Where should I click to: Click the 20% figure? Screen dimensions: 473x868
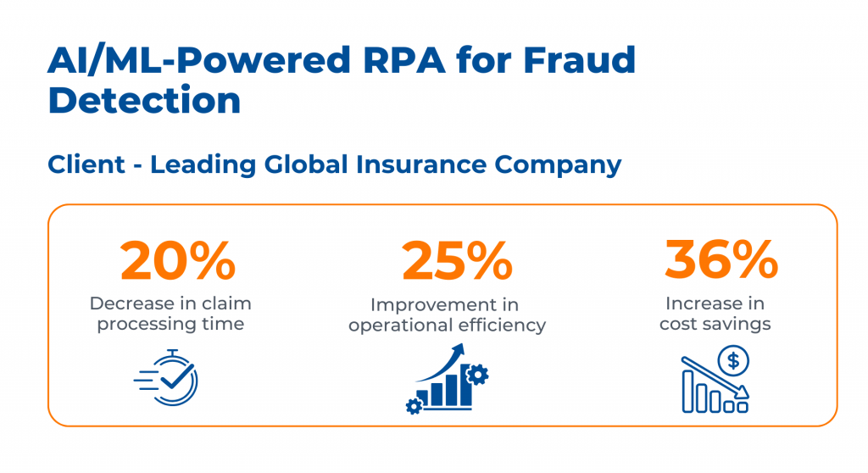[x=177, y=260]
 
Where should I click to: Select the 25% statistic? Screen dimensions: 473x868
[x=457, y=260]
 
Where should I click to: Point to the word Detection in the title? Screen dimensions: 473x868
[x=145, y=100]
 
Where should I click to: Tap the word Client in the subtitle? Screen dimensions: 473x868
[x=86, y=164]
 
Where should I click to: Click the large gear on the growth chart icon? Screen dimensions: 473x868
[x=478, y=374]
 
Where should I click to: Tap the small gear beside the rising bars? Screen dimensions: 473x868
[x=414, y=406]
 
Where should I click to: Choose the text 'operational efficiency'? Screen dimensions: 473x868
[x=447, y=325]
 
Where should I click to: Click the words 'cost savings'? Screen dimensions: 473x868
[x=715, y=324]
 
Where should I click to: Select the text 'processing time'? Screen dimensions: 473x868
[x=170, y=324]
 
